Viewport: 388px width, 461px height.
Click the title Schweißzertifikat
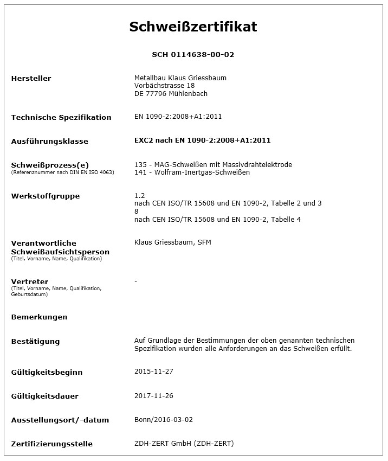[193, 27]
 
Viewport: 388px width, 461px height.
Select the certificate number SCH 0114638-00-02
[193, 55]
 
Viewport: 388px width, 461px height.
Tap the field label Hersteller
[31, 79]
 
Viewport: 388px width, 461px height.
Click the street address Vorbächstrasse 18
[164, 86]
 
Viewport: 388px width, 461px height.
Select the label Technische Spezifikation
[61, 118]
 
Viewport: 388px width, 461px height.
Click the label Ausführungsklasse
[49, 142]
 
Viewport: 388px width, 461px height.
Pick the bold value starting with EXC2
[202, 140]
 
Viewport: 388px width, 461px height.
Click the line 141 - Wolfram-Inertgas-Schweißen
[192, 172]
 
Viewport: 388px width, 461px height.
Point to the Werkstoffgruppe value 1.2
[139, 195]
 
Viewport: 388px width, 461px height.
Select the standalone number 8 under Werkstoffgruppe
[137, 211]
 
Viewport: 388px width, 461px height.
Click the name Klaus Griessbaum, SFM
[172, 242]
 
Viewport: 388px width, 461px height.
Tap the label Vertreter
[29, 282]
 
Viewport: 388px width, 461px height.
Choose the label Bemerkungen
[39, 317]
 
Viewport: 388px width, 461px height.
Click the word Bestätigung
[35, 342]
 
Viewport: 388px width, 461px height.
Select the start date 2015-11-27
[153, 372]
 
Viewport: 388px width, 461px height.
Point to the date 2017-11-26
[153, 396]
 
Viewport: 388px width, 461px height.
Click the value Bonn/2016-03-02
[163, 420]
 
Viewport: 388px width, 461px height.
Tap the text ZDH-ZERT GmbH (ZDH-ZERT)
[184, 444]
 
